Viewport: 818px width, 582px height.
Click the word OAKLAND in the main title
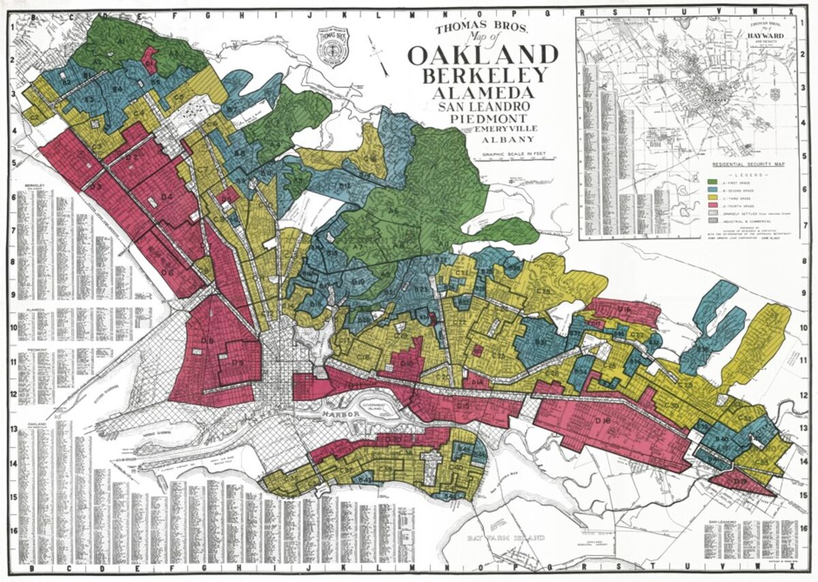pos(483,55)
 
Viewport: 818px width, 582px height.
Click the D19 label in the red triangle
pos(742,482)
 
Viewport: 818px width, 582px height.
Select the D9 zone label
pos(238,363)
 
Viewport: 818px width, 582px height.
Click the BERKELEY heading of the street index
pos(35,186)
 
